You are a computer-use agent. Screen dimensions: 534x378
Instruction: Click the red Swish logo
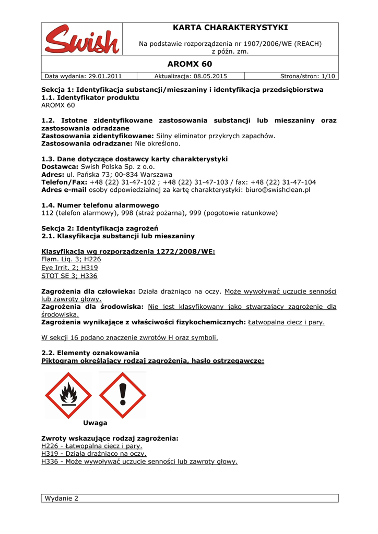click(82, 39)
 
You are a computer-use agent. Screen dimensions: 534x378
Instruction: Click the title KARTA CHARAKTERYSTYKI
click(230, 28)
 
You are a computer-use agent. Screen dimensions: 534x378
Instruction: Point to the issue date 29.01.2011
click(104, 76)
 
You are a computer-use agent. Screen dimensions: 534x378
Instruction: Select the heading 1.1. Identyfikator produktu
click(90, 98)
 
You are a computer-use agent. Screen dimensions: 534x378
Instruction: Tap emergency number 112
click(47, 213)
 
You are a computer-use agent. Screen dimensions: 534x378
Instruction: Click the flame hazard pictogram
click(68, 395)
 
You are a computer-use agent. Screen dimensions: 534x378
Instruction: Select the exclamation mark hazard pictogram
click(123, 395)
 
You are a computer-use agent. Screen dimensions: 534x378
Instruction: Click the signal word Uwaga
click(95, 423)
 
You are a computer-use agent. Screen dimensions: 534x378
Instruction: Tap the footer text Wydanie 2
click(62, 499)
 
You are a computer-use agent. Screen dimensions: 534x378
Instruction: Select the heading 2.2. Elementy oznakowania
click(90, 353)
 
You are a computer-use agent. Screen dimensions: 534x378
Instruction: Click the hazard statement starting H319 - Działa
click(93, 454)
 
